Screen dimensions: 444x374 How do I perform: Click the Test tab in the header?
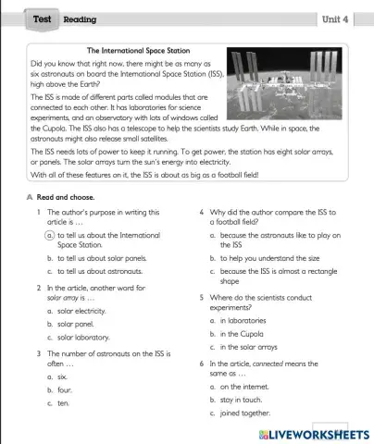tap(42, 18)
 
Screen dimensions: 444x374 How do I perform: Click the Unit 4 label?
tap(333, 18)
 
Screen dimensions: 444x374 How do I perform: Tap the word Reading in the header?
tap(80, 19)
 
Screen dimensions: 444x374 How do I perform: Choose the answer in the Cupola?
tap(243, 333)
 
